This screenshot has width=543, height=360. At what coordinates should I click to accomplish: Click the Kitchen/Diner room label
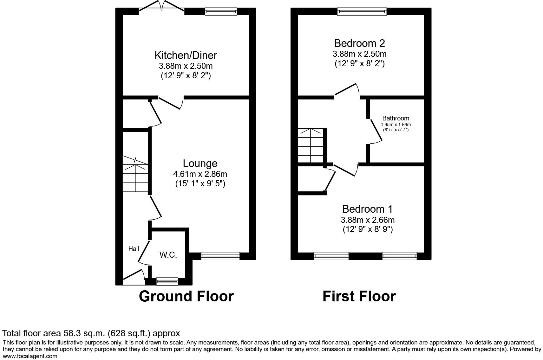tap(186, 55)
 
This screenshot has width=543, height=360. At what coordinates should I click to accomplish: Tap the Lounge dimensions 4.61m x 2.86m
tap(200, 174)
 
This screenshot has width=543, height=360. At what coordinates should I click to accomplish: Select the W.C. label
tap(168, 255)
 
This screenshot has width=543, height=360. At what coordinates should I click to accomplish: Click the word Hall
tap(134, 249)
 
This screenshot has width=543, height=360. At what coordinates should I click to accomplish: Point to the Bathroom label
tap(396, 118)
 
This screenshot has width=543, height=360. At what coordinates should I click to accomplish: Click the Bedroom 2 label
tap(359, 43)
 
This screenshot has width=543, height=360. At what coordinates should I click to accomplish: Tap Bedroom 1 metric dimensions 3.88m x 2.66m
tap(368, 220)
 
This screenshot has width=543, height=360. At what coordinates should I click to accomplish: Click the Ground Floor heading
tap(186, 296)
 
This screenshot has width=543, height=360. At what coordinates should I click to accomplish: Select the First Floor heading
tap(359, 296)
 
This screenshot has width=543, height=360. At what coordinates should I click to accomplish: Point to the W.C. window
tap(167, 281)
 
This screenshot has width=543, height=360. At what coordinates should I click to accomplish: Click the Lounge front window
tap(220, 256)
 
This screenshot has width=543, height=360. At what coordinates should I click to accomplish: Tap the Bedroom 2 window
tap(362, 12)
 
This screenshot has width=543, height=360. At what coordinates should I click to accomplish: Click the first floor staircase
tap(310, 146)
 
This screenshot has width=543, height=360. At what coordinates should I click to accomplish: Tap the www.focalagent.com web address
tap(30, 356)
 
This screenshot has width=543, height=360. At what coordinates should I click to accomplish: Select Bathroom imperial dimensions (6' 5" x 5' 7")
tap(396, 130)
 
